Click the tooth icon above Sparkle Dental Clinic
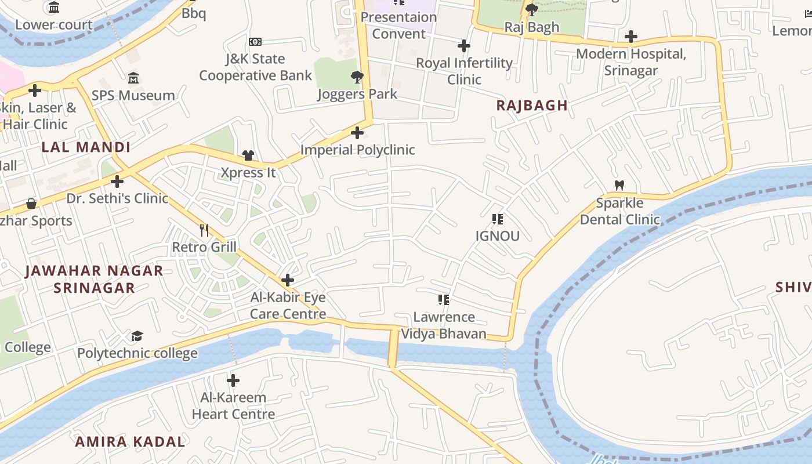tap(619, 186)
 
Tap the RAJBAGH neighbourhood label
tap(532, 105)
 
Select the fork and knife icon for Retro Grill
tap(204, 230)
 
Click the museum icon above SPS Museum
tap(133, 78)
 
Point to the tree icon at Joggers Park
tap(357, 77)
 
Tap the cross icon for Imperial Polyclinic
tap(357, 133)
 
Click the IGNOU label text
tap(497, 236)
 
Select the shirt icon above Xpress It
tap(248, 155)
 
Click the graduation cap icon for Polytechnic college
tap(137, 336)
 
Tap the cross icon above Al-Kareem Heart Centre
tap(233, 380)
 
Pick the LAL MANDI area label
tap(86, 147)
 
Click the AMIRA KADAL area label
tap(130, 441)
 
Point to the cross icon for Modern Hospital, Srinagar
tap(631, 37)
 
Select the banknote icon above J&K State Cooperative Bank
tap(255, 42)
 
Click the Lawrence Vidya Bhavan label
tap(444, 325)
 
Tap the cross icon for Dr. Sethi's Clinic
tap(117, 182)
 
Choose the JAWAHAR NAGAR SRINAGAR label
tap(95, 279)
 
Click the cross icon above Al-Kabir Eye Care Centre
tap(288, 280)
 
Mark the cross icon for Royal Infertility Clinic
tap(464, 46)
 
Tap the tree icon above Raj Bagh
tap(531, 9)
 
